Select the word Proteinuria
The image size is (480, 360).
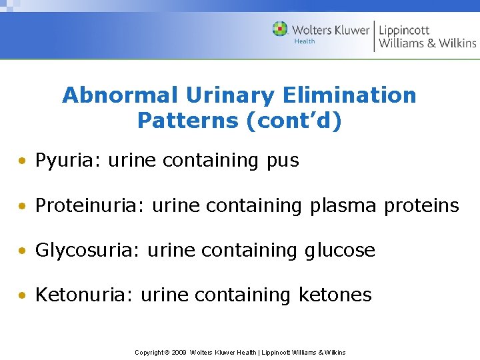(90, 206)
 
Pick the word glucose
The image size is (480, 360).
(340, 251)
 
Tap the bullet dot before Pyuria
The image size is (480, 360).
(23, 161)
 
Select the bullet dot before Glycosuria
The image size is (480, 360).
(23, 251)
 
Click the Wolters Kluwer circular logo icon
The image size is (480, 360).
(280, 29)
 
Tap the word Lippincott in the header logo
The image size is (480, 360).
(404, 30)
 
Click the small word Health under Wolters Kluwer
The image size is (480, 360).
(305, 41)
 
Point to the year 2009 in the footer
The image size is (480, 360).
(178, 352)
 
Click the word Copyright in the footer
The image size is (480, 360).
(149, 352)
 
